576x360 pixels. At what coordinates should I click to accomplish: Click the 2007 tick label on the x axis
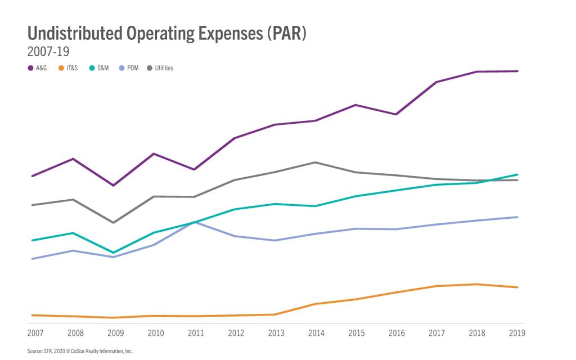tap(35, 333)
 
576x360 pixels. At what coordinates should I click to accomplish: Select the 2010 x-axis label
tap(156, 333)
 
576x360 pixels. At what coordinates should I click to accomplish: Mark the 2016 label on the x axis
tap(397, 333)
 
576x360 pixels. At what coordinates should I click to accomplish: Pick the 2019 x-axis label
tap(516, 333)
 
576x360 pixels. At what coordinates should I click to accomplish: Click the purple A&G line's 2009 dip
tap(114, 185)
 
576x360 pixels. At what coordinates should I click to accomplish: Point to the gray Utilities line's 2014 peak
tap(316, 162)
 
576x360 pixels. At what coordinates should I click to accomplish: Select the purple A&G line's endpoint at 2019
tap(517, 71)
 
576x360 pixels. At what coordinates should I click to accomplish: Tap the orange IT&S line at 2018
tap(477, 284)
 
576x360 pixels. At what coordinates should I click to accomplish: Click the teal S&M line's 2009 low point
tap(114, 253)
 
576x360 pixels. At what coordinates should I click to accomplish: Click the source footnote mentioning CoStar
tap(79, 351)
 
